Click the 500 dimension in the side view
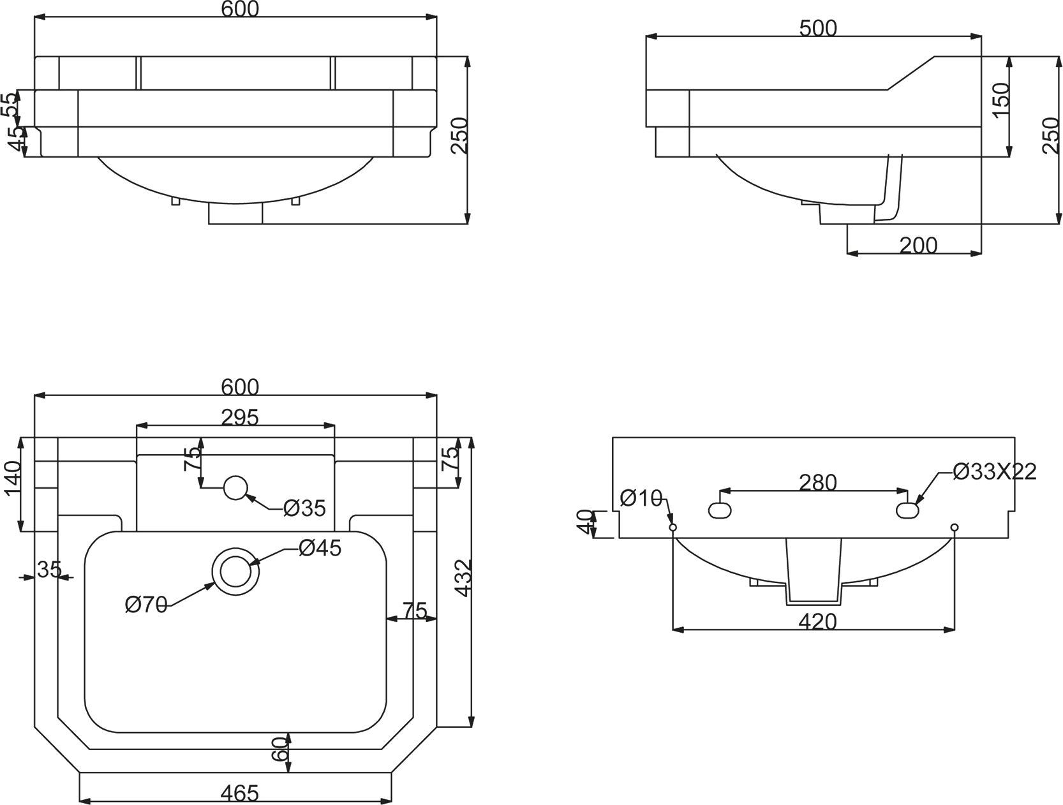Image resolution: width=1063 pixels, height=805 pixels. click(817, 28)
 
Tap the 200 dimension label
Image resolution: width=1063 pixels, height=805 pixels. click(918, 245)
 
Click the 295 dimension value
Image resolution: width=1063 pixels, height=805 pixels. click(240, 417)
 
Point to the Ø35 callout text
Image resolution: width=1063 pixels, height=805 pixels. click(304, 508)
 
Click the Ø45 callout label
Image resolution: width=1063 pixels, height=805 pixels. click(320, 547)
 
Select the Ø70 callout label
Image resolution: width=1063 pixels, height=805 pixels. click(146, 604)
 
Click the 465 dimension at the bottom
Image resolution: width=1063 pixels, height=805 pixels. click(239, 793)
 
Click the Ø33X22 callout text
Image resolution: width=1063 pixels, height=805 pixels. click(995, 471)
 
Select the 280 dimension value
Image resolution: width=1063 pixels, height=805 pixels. click(818, 483)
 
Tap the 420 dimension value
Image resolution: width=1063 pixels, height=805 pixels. click(817, 621)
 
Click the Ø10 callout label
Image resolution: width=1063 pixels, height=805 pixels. click(641, 498)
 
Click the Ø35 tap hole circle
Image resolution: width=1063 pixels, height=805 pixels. click(235, 488)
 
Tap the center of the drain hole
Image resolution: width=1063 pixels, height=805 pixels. click(235, 570)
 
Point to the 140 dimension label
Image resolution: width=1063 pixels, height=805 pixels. click(13, 480)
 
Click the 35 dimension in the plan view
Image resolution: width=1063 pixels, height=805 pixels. click(48, 569)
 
